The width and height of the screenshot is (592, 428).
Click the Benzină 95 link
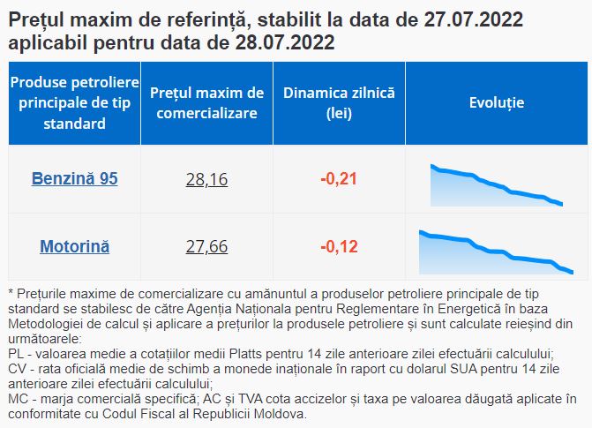tap(74, 179)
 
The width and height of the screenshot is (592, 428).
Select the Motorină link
tap(74, 246)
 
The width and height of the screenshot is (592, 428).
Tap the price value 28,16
tap(207, 180)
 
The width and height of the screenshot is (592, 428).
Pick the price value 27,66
tap(207, 247)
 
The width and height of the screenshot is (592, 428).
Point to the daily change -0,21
tap(339, 179)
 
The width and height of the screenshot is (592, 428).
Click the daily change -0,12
tap(339, 246)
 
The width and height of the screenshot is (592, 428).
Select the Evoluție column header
tap(496, 102)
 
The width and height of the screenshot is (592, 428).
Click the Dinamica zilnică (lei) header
tap(339, 102)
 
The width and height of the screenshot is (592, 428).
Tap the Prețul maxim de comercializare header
tap(207, 102)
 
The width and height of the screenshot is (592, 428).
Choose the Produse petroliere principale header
tap(74, 102)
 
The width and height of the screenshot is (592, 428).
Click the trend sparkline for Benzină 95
tap(496, 184)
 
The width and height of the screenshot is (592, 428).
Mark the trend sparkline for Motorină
tap(496, 251)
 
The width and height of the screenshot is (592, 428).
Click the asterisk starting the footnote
tap(10, 291)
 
